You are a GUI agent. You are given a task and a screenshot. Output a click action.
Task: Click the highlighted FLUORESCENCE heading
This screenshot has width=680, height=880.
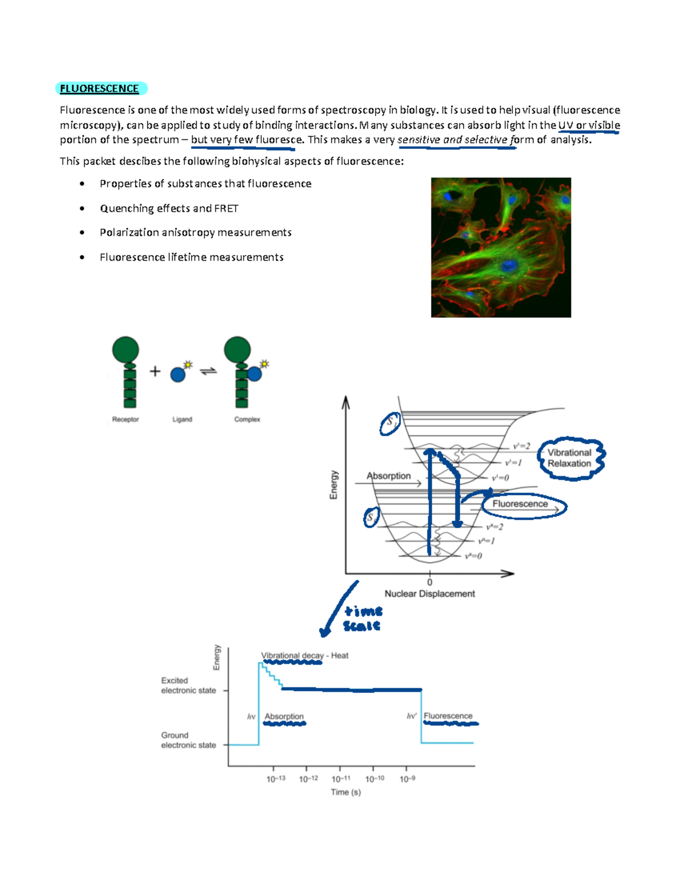[x=100, y=88]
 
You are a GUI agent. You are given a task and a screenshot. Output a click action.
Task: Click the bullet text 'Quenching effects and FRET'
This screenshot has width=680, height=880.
[x=169, y=209]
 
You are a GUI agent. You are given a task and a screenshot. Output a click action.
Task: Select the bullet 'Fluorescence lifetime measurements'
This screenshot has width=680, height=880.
[x=192, y=257]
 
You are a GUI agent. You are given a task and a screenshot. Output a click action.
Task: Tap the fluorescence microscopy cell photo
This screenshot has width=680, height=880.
[x=501, y=248]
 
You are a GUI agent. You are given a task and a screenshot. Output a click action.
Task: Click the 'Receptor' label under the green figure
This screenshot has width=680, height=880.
[x=125, y=419]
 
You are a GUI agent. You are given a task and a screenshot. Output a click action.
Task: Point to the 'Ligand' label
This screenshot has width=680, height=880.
[x=182, y=419]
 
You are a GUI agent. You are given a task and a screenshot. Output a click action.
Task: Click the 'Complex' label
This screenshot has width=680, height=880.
[x=247, y=419]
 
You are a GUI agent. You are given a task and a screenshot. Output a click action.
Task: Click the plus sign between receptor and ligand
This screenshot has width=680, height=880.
[x=155, y=372]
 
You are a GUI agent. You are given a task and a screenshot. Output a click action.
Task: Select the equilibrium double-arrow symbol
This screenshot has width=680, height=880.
[x=209, y=372]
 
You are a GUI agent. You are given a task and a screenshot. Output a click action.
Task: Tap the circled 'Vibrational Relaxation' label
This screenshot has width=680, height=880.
[x=569, y=458]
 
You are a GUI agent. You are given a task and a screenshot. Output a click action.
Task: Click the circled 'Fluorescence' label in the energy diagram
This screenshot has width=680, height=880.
[x=520, y=504]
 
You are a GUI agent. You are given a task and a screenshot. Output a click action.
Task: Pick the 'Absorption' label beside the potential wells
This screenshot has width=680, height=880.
[x=389, y=476]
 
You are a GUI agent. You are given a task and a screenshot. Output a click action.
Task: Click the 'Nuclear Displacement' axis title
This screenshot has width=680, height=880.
[x=430, y=594]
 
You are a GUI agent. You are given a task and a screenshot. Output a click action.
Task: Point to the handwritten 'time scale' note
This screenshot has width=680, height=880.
[x=362, y=618]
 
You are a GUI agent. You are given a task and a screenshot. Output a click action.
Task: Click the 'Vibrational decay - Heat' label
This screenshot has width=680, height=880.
[x=305, y=656]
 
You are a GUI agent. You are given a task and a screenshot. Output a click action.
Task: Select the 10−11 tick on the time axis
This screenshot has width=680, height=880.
[x=341, y=779]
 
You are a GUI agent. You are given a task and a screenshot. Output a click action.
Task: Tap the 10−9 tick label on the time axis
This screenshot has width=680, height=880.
[x=407, y=779]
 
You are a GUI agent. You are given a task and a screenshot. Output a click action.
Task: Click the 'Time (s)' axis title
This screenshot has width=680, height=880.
[x=346, y=792]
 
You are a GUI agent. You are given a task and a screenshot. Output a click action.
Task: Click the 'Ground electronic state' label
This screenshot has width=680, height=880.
[x=188, y=740]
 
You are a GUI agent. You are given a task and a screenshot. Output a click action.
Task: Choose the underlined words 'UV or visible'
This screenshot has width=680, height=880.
[x=589, y=125]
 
